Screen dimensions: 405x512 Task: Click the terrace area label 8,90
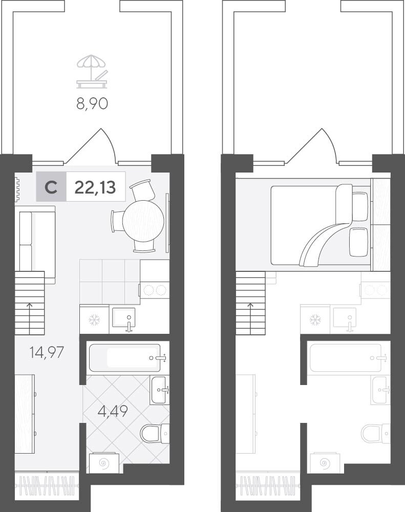click(92, 104)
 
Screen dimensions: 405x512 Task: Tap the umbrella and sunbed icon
click(92, 72)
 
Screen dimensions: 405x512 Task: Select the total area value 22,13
click(95, 187)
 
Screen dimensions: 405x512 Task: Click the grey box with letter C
click(51, 187)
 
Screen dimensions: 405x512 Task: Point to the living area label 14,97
click(47, 353)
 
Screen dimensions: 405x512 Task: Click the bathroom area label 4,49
click(113, 411)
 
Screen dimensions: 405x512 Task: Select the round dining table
click(143, 221)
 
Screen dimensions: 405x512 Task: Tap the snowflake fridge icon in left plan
click(95, 319)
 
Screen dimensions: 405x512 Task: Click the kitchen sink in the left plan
click(123, 318)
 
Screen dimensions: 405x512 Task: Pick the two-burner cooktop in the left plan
click(155, 290)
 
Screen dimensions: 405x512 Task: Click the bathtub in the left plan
click(125, 357)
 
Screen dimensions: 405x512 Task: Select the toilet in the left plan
click(155, 433)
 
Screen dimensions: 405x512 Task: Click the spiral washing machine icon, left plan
click(103, 463)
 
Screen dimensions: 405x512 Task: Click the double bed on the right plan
click(320, 225)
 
